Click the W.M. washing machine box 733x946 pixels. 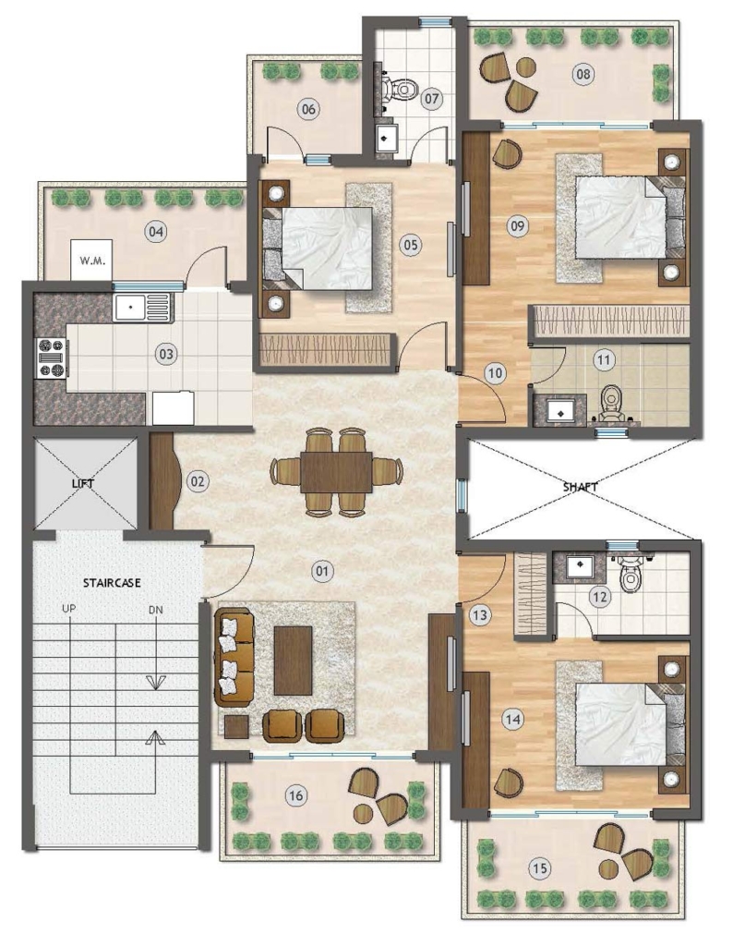coord(91,260)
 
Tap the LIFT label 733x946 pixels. coord(83,483)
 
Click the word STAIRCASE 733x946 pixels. coord(112,583)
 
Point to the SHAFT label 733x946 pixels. coord(581,486)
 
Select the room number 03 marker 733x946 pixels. coord(166,354)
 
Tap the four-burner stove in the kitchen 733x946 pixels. coord(52,358)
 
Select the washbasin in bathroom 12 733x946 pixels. coord(579,567)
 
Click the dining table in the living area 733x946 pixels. coord(336,472)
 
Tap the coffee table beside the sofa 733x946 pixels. coord(293,661)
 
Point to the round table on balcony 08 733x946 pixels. coord(525,67)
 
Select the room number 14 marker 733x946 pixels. coord(513,719)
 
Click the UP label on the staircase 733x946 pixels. coord(69,609)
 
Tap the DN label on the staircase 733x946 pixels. coord(155,610)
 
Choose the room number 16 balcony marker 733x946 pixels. coord(295,795)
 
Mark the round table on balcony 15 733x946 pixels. coord(609,870)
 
